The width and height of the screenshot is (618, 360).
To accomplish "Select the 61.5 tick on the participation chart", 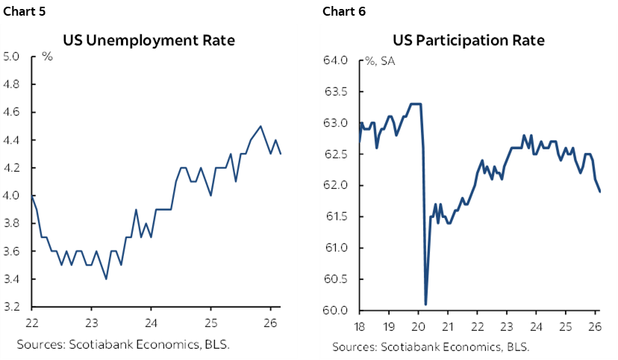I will (337, 217).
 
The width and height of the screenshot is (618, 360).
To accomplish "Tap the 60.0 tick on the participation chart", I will (337, 311).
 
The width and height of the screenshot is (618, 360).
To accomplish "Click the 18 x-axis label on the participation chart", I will (360, 326).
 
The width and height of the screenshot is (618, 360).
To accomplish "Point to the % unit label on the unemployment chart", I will (46, 57).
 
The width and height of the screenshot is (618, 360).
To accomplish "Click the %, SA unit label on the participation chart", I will (381, 61).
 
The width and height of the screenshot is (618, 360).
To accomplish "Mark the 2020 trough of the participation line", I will (425, 304).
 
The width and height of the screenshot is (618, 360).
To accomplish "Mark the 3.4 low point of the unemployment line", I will (106, 279).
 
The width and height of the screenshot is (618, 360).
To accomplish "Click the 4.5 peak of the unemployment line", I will (260, 126).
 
